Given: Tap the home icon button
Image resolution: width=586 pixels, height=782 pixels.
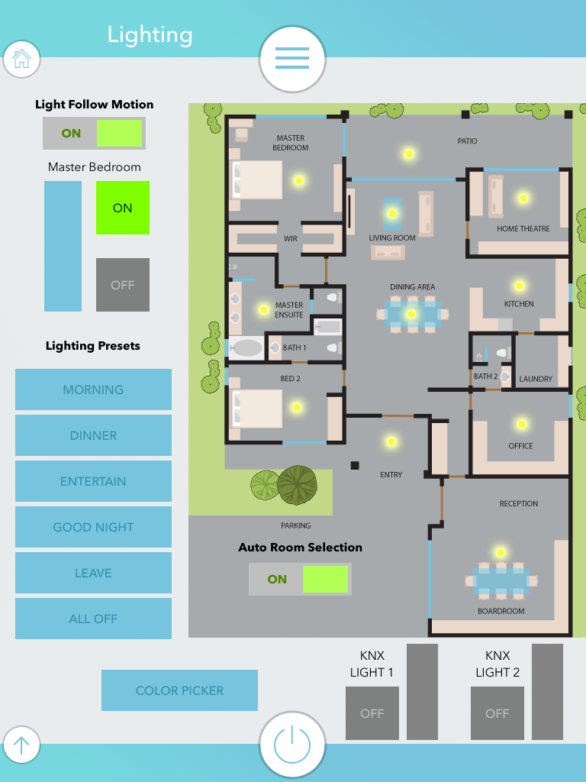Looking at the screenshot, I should click(21, 59).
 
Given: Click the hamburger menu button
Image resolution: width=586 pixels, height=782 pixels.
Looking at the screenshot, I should click(292, 58).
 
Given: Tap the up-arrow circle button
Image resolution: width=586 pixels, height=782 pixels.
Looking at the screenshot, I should click(21, 745).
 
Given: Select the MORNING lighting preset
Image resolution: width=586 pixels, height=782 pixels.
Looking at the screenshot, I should click(93, 389).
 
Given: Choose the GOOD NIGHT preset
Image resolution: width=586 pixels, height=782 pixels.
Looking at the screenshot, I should click(93, 527).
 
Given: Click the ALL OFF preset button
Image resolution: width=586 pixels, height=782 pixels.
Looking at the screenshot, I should click(93, 619).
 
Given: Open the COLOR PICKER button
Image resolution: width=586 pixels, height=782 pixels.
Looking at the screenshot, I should click(179, 690).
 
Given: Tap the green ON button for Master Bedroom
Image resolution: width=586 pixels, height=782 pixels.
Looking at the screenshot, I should click(122, 208).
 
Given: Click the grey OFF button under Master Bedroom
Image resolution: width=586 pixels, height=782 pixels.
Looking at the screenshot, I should click(122, 285).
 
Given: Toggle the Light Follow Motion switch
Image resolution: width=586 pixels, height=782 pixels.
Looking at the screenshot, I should click(94, 133).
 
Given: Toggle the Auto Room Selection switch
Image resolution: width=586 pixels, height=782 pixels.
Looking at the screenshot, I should click(300, 579).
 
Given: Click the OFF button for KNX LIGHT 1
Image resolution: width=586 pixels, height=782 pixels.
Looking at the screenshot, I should click(372, 713).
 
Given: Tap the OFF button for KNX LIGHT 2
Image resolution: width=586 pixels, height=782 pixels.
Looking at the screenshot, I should click(497, 713).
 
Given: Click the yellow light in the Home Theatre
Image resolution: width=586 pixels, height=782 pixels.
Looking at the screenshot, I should click(523, 198).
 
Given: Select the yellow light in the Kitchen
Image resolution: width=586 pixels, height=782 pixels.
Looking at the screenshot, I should click(520, 286).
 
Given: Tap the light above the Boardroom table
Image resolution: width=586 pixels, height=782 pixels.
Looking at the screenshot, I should click(501, 552).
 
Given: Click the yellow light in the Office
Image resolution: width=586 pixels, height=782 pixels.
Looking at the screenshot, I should click(522, 424).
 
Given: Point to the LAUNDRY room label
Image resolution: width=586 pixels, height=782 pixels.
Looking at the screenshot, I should click(536, 379).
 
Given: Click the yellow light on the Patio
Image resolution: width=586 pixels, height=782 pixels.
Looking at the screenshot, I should click(409, 153).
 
